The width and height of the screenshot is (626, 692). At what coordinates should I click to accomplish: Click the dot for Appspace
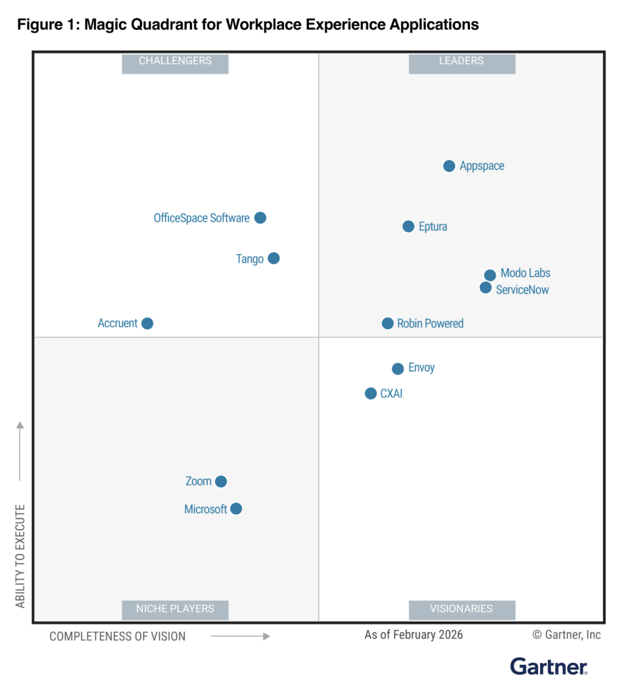[x=449, y=166]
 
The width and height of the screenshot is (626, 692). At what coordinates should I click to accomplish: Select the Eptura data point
[x=408, y=226]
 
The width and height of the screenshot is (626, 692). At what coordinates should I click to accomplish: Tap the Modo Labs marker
[x=490, y=275]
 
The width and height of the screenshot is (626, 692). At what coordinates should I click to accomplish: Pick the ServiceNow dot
[x=485, y=288]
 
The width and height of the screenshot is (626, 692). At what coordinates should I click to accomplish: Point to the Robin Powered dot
[x=387, y=324]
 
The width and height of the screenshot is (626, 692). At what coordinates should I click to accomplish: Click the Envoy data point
[x=398, y=369]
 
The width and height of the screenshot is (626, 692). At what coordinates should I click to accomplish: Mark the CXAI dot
[x=370, y=393]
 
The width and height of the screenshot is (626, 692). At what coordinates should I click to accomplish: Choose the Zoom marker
[x=221, y=482]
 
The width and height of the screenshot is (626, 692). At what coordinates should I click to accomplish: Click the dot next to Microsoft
[x=236, y=509]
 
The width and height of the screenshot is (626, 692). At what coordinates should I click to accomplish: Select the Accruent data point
[x=147, y=324]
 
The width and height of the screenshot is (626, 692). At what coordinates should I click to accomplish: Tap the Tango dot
[x=274, y=258]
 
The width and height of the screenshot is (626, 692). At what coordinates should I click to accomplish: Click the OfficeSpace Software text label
[x=201, y=218]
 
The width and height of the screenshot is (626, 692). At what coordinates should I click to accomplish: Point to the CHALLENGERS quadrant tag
[x=175, y=61]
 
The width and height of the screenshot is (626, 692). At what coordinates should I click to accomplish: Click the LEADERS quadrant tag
[x=462, y=61]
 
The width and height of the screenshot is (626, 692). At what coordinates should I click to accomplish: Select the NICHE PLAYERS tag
[x=175, y=609]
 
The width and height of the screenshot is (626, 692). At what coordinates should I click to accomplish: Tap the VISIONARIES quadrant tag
[x=462, y=609]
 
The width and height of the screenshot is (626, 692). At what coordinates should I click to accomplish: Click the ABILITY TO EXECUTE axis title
[x=20, y=555]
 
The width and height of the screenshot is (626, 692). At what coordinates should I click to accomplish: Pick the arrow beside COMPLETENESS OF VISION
[x=240, y=636]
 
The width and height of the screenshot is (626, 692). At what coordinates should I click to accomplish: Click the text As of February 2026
[x=414, y=635]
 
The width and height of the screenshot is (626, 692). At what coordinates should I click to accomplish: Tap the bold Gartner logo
[x=548, y=667]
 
